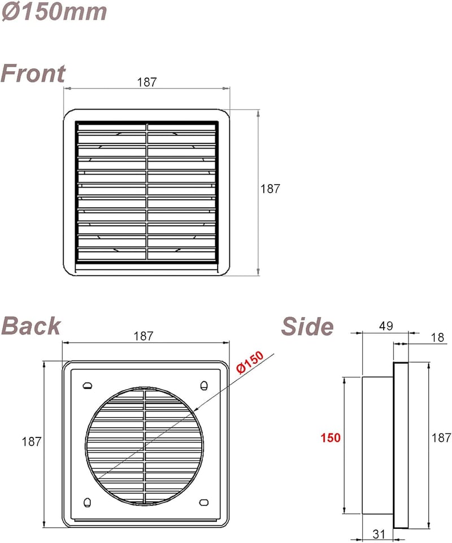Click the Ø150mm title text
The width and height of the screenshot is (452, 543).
54,12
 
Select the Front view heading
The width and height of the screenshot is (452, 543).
33,73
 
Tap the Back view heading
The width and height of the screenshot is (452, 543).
31,326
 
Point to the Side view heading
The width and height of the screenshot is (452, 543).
307,327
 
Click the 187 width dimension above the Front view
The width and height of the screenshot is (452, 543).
147,82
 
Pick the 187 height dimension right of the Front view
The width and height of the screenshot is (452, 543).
270,189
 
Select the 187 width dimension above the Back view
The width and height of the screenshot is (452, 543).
144,336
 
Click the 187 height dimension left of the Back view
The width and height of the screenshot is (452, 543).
32,441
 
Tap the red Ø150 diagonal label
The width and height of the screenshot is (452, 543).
250,362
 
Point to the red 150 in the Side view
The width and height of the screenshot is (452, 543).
331,438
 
